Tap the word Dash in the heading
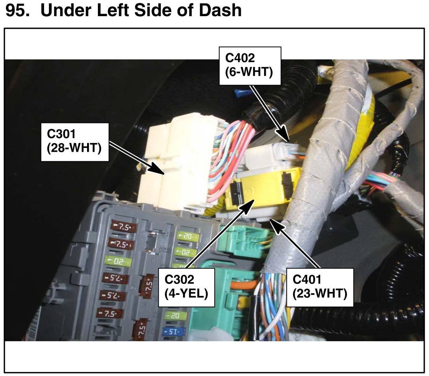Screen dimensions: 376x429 pos(220,10)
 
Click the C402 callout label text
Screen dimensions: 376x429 pos(240,58)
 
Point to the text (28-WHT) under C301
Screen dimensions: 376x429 pos(74,147)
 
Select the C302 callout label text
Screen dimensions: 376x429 pos(179,279)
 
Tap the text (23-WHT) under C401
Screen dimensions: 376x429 pos(320,293)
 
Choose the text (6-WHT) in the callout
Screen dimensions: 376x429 pos(249,72)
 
